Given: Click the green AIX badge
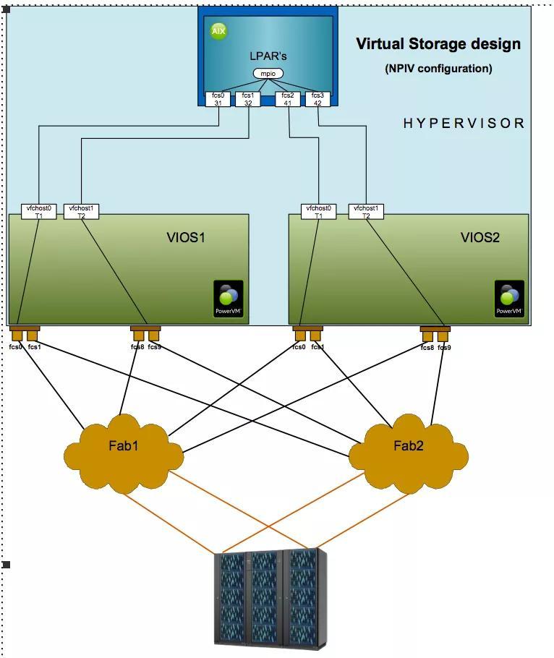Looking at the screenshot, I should [218, 32].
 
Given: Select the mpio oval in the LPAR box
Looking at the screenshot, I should [268, 74].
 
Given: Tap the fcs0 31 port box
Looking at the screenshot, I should [218, 99].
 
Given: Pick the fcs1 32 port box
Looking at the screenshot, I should [248, 99].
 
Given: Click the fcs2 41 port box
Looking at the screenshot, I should [288, 99].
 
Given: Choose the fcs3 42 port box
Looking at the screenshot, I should [318, 99].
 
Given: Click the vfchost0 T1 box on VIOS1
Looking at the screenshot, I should [38, 211].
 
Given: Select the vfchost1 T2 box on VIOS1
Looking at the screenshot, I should [81, 211].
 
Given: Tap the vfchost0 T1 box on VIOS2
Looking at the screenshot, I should [319, 211].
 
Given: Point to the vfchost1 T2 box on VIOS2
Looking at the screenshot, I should [366, 211].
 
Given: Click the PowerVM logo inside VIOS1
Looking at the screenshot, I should [229, 299].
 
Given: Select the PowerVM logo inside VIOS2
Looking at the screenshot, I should [509, 299].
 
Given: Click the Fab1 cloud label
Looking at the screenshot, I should [124, 445].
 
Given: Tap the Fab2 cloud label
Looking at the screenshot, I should [409, 445].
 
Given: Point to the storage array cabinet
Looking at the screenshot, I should [270, 599].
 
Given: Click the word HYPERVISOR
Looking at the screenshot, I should [464, 124].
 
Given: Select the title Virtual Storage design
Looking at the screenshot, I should [438, 44].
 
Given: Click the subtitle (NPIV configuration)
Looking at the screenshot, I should [438, 69].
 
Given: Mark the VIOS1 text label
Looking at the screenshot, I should [187, 237].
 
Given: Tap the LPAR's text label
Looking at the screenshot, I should [268, 56].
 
